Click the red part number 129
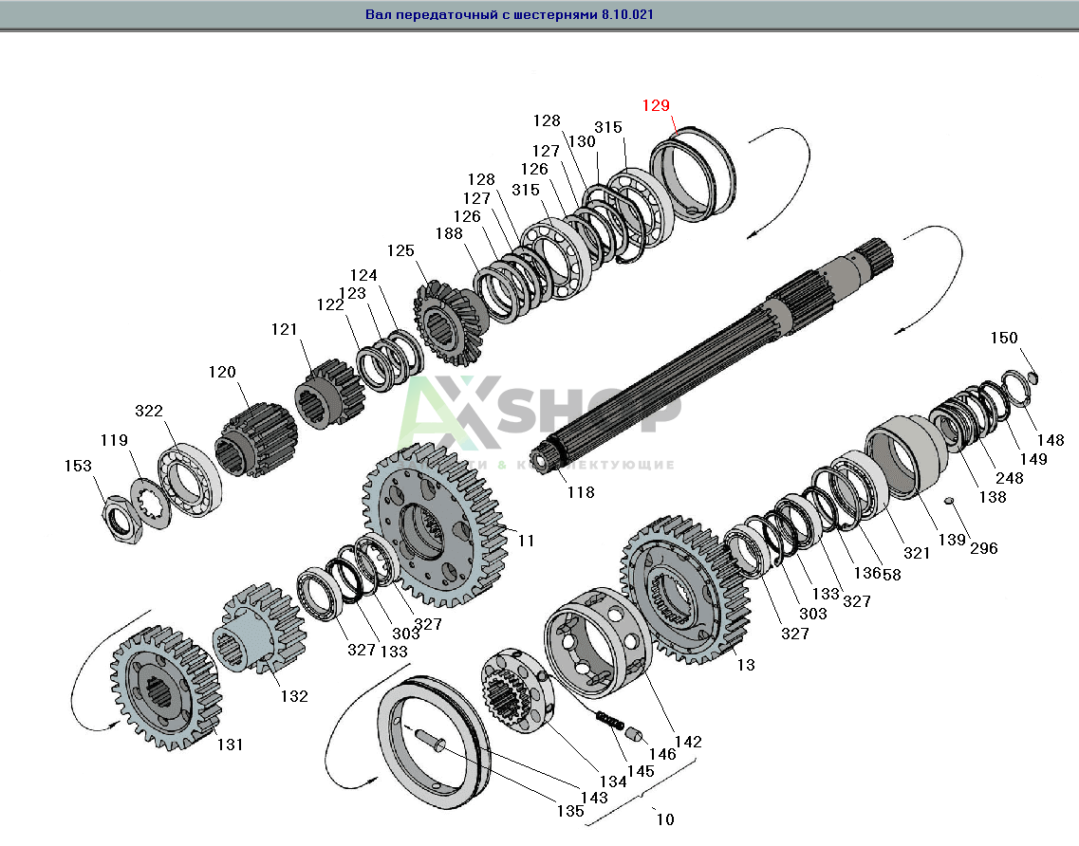pos(656,105)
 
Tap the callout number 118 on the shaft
pos(581,492)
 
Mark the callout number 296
pos(983,547)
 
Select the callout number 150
pos(1003,339)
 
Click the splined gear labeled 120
pos(253,439)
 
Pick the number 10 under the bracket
pos(665,818)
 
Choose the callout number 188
pos(449,234)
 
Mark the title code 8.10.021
pos(626,15)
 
